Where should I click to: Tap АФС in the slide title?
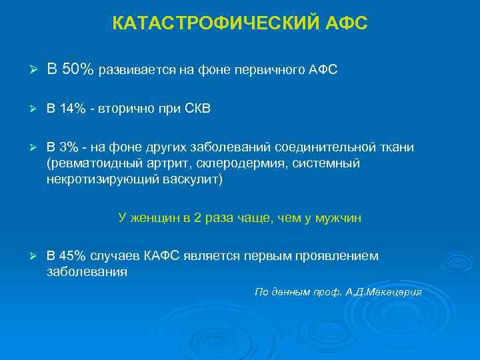click(x=346, y=24)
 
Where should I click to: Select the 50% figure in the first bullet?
click(x=80, y=70)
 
